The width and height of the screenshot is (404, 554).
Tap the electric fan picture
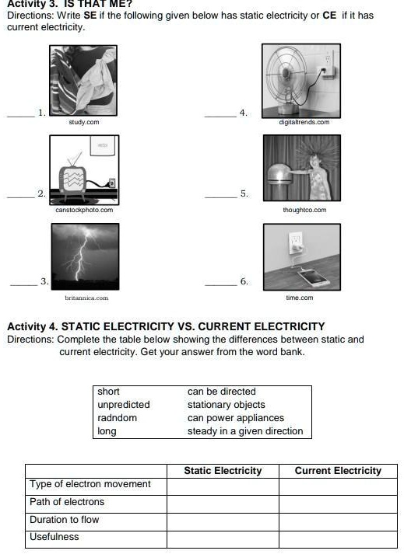click(x=300, y=80)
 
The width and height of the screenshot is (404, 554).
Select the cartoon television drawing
click(x=83, y=169)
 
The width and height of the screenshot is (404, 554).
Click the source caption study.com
click(x=83, y=122)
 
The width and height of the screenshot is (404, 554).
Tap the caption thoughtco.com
click(x=304, y=210)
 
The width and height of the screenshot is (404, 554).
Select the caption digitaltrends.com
click(x=304, y=122)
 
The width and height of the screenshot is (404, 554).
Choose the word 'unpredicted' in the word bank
click(x=124, y=405)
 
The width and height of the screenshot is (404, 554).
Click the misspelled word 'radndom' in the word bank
click(x=118, y=418)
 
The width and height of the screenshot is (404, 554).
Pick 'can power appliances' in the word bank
click(x=235, y=418)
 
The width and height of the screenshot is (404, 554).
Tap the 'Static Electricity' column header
click(x=223, y=471)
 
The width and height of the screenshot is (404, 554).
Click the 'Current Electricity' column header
click(x=338, y=471)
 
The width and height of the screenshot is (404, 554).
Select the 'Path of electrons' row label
click(x=67, y=502)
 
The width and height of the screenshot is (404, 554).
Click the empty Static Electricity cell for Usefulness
click(x=223, y=538)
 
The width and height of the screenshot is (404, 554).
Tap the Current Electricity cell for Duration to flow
click(x=338, y=520)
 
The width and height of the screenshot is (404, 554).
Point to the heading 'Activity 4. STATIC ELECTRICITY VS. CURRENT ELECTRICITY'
click(x=166, y=326)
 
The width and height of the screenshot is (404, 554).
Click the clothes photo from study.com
click(x=83, y=80)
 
